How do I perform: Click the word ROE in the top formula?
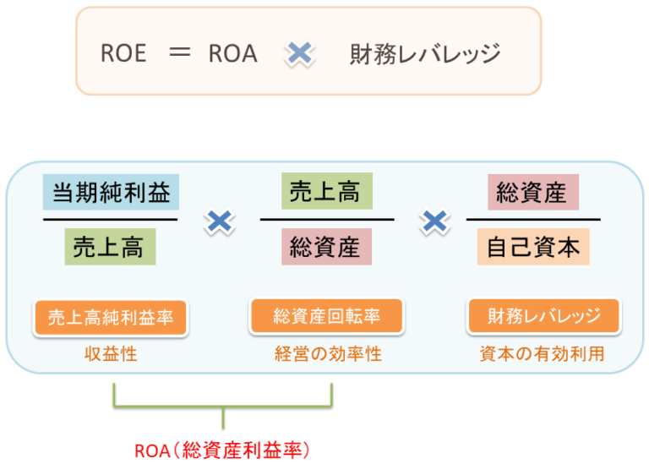pos(123,54)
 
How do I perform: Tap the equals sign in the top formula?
pos(181,53)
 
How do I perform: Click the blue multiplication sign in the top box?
pos(300,54)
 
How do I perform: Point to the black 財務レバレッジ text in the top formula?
pos(425,55)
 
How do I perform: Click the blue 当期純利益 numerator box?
pos(112,193)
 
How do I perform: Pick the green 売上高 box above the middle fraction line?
pos(325,193)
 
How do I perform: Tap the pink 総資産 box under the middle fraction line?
pos(325,248)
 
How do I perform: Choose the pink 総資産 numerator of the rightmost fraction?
pos(532,193)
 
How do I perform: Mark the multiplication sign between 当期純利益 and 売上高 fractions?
pos(220,221)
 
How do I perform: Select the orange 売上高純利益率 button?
pos(111,317)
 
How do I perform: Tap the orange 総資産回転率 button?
pos(326,316)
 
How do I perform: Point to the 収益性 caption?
pos(111,355)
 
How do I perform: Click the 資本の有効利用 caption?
pos(542,355)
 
